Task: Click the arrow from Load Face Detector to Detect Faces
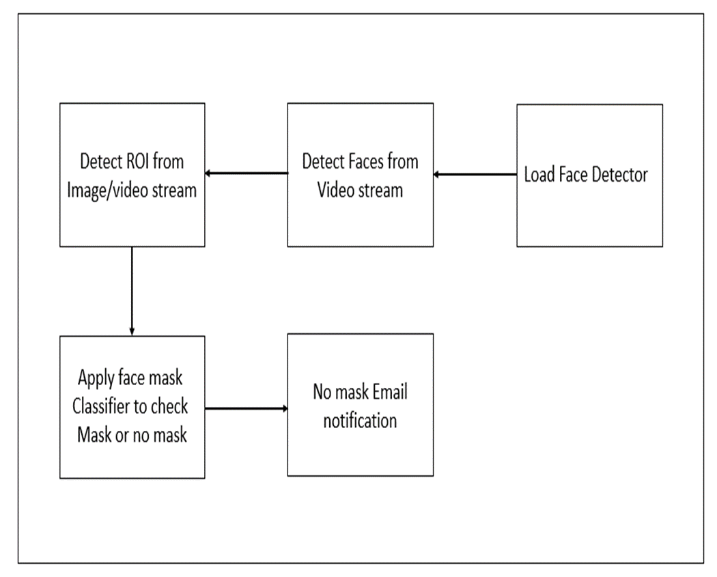tap(475, 175)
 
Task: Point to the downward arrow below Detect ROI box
tap(131, 290)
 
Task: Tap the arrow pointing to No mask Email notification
tap(246, 408)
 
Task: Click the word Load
tap(539, 175)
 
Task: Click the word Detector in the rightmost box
tap(617, 175)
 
